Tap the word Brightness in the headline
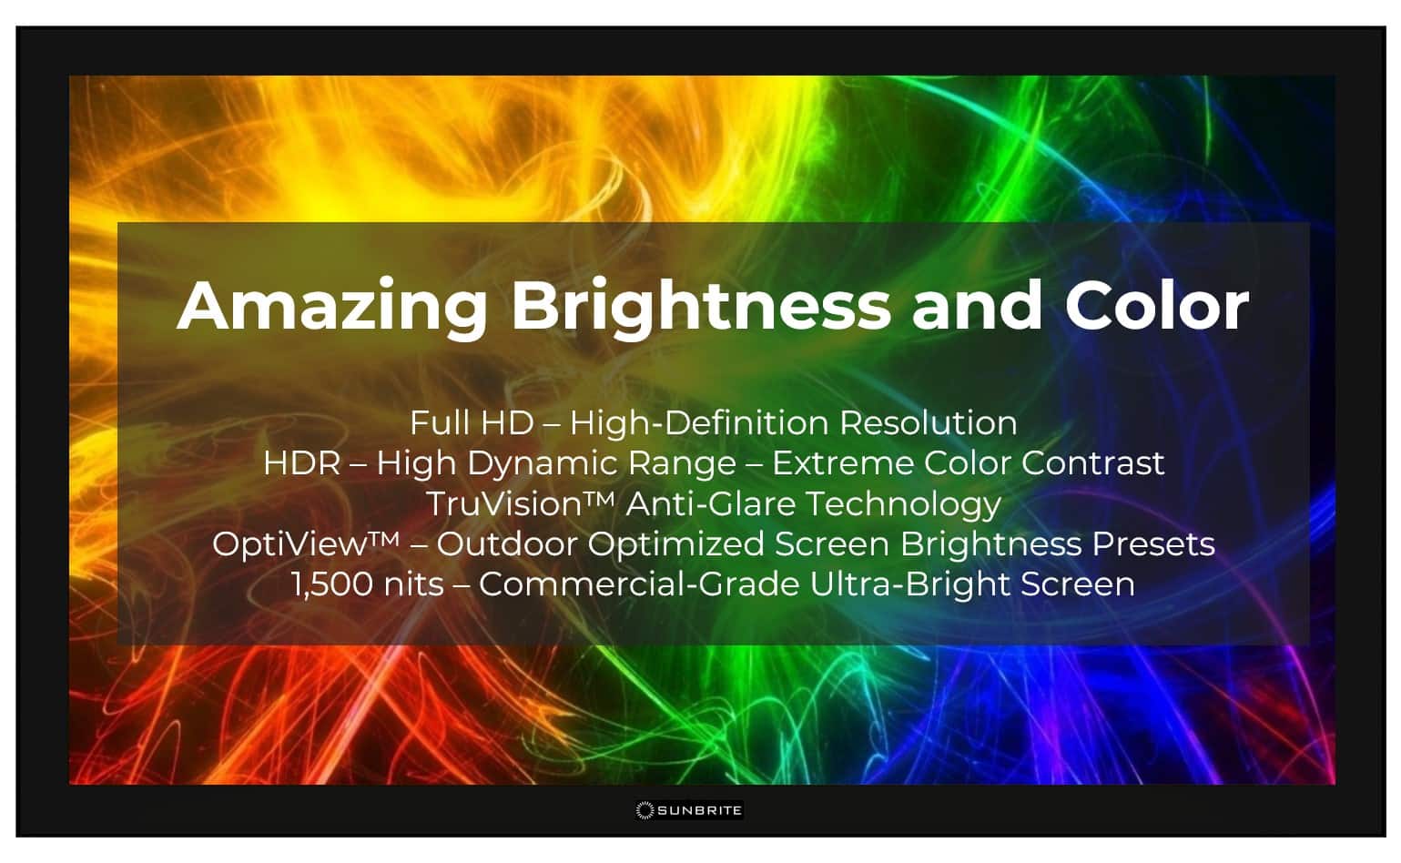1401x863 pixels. coord(700,306)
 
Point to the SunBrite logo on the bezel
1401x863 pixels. coord(689,809)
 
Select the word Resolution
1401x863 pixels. coord(928,423)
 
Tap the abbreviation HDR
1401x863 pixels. coord(301,463)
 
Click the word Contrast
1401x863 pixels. coord(1092,463)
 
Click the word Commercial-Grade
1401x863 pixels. coord(639,584)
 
